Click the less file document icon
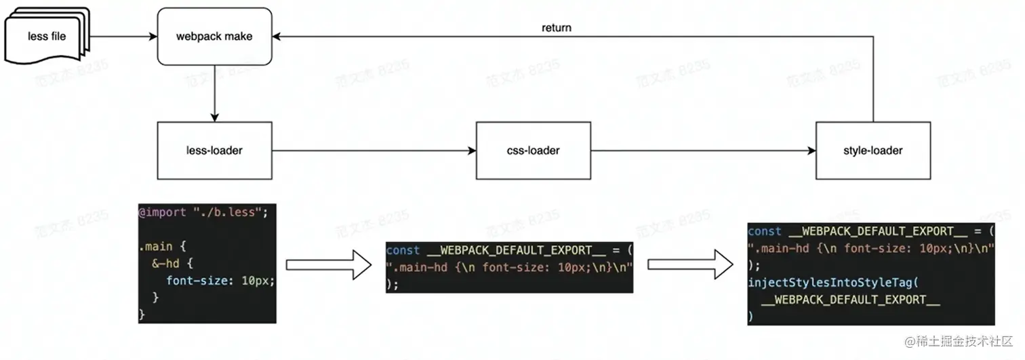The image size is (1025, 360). point(47,35)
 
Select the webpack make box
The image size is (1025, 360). point(214,36)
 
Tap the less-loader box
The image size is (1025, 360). point(214,151)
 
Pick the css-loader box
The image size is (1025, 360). point(534,151)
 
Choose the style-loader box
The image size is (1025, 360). point(872,151)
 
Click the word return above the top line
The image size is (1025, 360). point(557,28)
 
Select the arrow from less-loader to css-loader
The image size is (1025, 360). point(374,151)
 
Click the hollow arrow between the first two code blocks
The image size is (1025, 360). point(329,264)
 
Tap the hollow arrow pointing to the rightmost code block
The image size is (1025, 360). point(691,264)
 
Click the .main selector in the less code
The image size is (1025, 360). point(154,246)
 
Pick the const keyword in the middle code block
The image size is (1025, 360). point(403,251)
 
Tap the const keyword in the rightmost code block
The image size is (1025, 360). point(765,231)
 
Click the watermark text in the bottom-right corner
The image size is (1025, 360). point(958,341)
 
